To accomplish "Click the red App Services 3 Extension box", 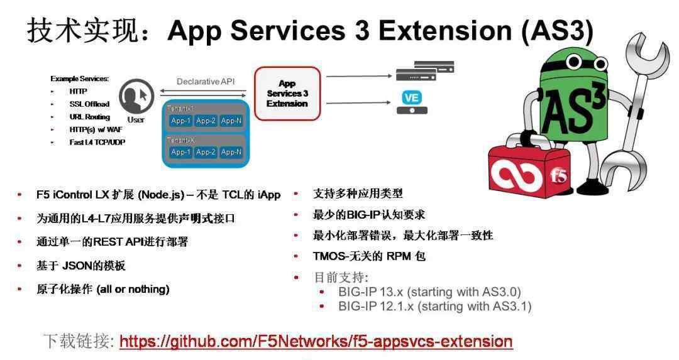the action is click(287, 94).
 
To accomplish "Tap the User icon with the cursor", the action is click(136, 96).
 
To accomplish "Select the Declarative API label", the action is click(206, 81).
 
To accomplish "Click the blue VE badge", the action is click(411, 97).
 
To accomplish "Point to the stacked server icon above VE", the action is click(425, 71).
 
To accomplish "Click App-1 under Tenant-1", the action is click(180, 121).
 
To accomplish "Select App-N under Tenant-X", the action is click(231, 152).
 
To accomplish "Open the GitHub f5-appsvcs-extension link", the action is click(316, 341).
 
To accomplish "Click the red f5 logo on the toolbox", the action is click(558, 175).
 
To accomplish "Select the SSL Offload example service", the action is click(89, 104).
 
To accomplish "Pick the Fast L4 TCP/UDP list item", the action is click(97, 142).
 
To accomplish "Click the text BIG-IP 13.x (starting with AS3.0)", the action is click(429, 292).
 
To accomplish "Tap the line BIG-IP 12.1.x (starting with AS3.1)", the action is click(435, 307).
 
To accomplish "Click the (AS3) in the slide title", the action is click(557, 31).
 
